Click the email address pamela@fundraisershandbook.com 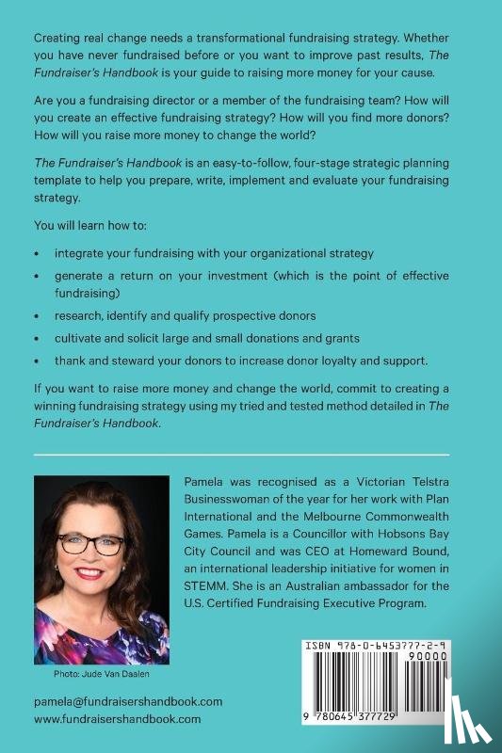pos(127,701)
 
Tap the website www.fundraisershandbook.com pos(117,718)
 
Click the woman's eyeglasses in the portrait pos(91,544)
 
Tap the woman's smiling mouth pos(91,573)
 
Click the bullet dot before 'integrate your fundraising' pos(37,254)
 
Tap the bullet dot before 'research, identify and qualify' pos(37,315)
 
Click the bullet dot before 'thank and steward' pos(37,361)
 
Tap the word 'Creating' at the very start pos(58,39)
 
